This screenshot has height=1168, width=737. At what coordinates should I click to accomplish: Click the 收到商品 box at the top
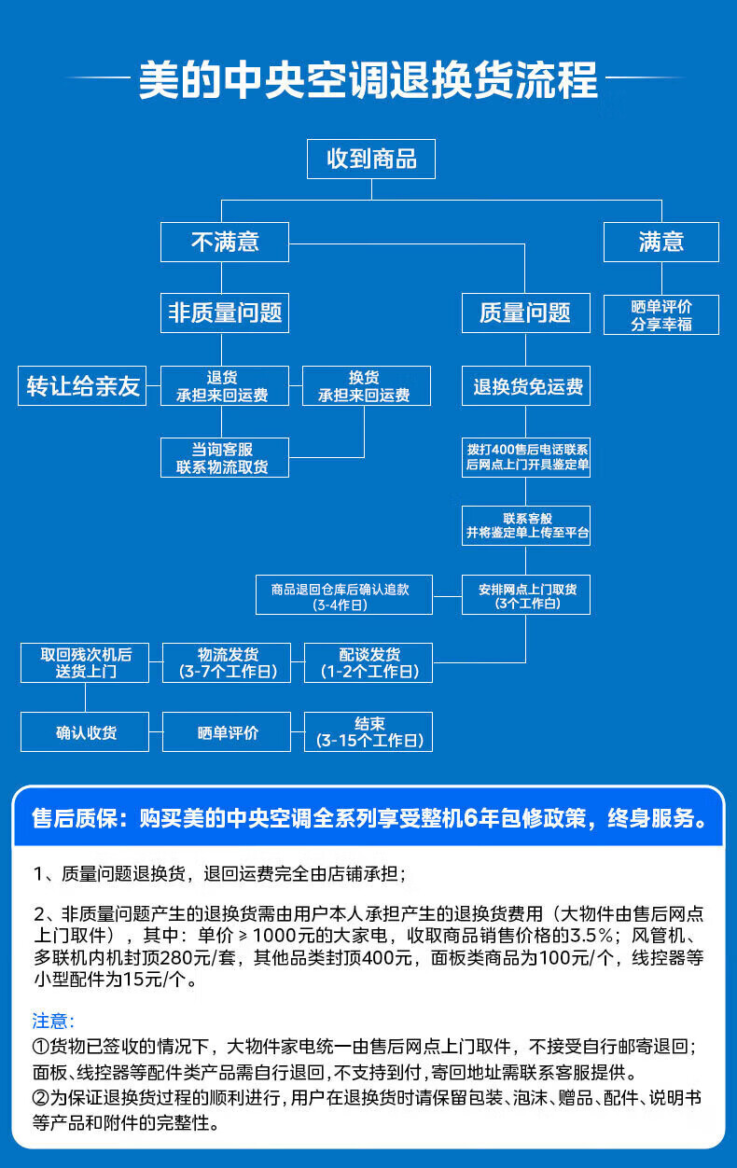pos(371,159)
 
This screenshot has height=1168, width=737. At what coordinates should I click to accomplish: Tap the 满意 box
pos(661,242)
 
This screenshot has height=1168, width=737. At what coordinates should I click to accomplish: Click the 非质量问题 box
pos(224,313)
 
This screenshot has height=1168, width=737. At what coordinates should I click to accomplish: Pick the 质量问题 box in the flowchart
pos(525,313)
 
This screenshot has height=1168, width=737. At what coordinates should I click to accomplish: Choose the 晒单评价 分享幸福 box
pos(661,315)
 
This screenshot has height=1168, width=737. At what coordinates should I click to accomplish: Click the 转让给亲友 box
pos(83,386)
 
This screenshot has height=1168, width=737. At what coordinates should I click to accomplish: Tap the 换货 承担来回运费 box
pos(366,386)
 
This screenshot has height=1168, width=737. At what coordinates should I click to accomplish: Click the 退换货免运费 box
pos(525,386)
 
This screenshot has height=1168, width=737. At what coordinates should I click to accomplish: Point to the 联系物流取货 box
pos(224,458)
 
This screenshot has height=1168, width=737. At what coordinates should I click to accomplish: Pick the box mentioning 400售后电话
pos(525,457)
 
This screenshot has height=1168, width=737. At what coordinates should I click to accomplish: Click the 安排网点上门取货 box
pos(525,595)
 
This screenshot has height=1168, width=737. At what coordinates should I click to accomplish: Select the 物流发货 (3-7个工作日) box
pos(227,662)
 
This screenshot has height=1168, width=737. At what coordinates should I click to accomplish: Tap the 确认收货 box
pos(85,732)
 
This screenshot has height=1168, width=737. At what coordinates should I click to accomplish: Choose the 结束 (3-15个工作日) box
pos(368,732)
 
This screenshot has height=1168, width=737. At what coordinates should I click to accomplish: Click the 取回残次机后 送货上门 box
pos(85,662)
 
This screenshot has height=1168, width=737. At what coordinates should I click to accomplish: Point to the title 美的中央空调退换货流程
pos(368,80)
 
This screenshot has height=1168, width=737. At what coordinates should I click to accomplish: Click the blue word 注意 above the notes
pos(53,1021)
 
